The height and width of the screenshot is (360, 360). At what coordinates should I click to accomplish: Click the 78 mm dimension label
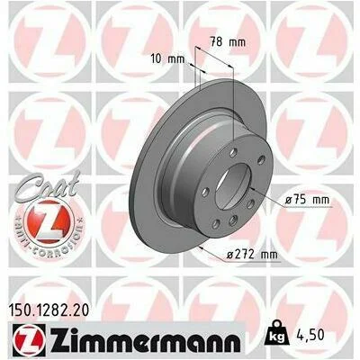click(227, 41)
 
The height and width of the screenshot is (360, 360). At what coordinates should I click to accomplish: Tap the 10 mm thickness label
click(167, 58)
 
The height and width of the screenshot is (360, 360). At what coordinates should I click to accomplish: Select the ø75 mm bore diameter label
click(307, 200)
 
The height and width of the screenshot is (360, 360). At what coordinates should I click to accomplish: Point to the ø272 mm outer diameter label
click(252, 255)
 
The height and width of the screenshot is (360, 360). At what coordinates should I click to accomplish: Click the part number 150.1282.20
click(48, 310)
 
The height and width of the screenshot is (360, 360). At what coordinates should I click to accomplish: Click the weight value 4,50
click(310, 335)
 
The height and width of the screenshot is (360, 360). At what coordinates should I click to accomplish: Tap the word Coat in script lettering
click(45, 186)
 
